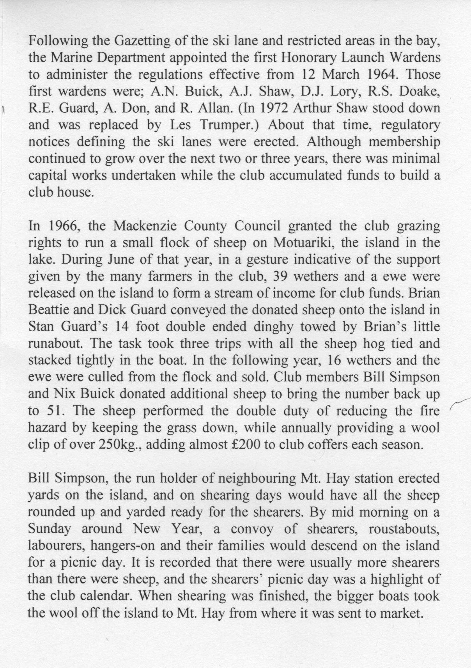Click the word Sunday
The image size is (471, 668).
tap(50, 529)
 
